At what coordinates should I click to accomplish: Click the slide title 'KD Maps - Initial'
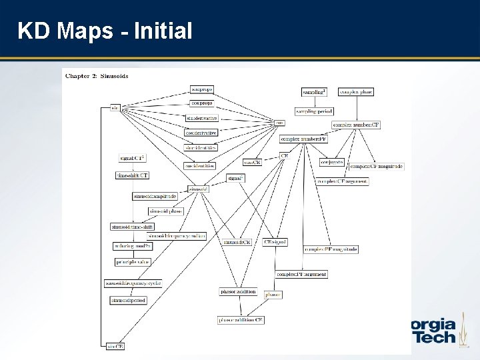pos(105,30)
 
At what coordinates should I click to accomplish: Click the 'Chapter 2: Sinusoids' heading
pos(97,75)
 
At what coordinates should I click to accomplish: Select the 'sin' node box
pos(115,107)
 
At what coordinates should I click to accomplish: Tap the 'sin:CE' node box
pos(115,345)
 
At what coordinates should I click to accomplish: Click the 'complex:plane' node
pos(356,91)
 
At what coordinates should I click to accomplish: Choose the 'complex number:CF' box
pos(356,124)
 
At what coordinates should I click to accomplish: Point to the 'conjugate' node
pos(331,161)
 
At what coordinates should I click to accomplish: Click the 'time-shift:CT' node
pos(132,175)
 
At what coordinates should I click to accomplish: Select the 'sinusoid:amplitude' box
pos(154,196)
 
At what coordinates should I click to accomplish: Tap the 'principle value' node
pos(132,262)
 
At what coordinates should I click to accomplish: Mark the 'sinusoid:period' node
pos(128,300)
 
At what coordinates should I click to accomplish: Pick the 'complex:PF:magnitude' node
pos(331,249)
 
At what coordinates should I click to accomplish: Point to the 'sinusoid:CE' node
pos(237,242)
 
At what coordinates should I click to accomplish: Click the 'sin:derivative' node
pos(201,118)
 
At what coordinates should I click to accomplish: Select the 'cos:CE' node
pos(252,162)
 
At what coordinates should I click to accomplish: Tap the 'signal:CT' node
pos(132,158)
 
